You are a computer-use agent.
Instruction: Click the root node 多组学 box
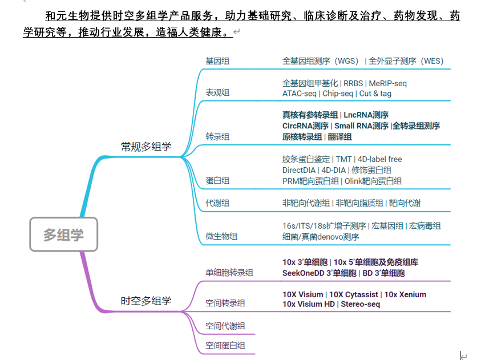coord(63,234)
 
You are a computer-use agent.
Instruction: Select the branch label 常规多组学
coord(145,147)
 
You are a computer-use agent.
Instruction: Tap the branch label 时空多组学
coord(145,301)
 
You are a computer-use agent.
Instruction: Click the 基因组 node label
coord(217,61)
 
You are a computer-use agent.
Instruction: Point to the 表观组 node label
coord(217,92)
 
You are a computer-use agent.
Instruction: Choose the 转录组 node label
coord(217,137)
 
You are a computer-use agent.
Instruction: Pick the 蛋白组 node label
coord(217,180)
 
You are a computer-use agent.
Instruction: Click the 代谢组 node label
coord(217,203)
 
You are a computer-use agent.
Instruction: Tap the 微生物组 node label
coord(221,236)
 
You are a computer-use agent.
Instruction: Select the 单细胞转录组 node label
coord(229,273)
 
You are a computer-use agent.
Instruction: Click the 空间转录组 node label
coord(225,304)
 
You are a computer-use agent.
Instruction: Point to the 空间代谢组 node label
coord(225,326)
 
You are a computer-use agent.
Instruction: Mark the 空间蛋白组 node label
coord(225,346)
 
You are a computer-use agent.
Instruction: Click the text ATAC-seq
coord(300,94)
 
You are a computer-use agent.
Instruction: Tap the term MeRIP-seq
coord(387,83)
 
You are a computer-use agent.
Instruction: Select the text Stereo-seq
coord(361,304)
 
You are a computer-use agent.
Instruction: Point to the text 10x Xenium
coord(405,294)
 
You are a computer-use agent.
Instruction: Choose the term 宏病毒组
coord(425,226)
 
